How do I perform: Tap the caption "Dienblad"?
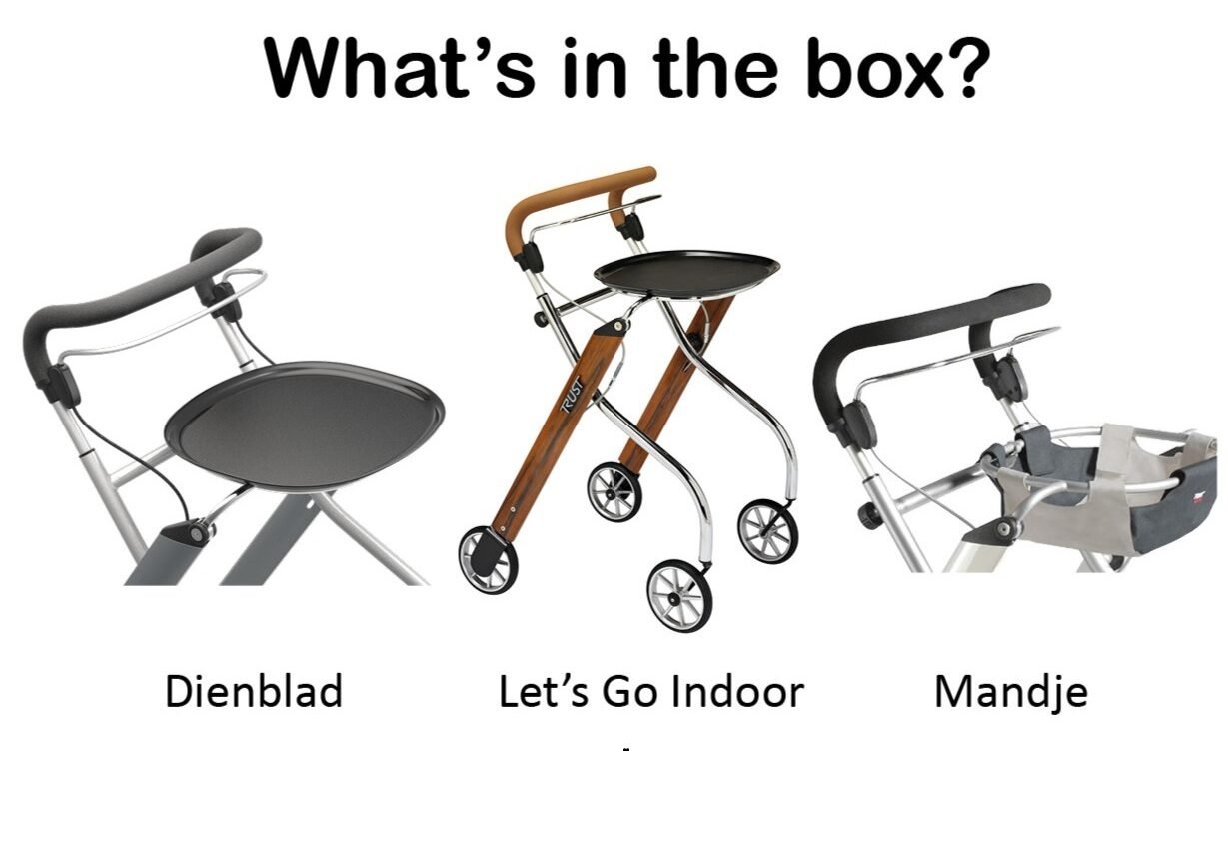(254, 692)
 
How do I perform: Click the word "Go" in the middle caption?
(629, 692)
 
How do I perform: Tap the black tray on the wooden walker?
(686, 273)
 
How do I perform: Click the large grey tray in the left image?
(305, 424)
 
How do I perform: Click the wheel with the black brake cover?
(488, 559)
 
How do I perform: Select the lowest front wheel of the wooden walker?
(679, 595)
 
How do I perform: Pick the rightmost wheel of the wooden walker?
(768, 531)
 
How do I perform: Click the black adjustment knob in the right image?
(868, 516)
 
